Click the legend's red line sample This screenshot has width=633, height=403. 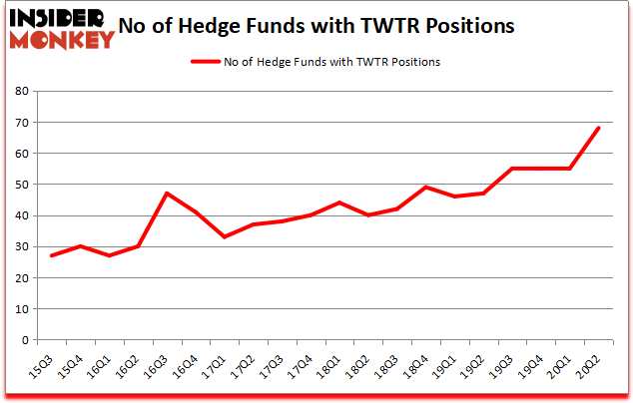pos(206,61)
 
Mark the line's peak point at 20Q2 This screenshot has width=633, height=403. pos(599,128)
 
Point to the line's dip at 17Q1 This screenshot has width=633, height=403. pos(226,236)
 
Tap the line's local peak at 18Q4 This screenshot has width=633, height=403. pos(426,188)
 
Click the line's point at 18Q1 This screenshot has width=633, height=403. pos(340,202)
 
